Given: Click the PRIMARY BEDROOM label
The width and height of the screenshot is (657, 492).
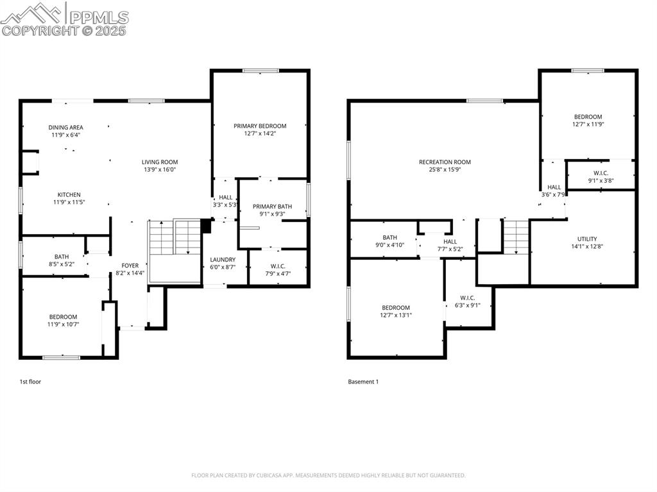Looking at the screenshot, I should coord(260,126).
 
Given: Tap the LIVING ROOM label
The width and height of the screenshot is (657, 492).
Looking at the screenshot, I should coord(160,162).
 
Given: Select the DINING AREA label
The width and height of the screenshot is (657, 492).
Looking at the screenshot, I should coord(65,127).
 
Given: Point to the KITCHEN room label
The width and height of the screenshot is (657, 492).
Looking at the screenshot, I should coord(69,194).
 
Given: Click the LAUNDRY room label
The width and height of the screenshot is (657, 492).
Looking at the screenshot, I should coord(223,259).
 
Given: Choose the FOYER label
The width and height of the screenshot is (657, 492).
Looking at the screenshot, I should coord(130,265).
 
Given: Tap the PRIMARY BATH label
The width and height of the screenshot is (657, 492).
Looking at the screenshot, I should coord(272,206).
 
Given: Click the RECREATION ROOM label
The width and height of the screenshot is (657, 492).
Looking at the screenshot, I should coord(445,162).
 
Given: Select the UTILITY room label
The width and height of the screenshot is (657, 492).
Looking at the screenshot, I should coord(587,239).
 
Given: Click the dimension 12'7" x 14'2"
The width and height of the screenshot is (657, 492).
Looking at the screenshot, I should coord(260,134).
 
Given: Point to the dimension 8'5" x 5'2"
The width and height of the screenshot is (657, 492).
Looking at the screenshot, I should coord(62,264).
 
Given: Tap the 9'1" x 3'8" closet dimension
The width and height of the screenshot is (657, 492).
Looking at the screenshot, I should coord(601,181).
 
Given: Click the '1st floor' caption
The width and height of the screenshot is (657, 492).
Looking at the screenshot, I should coord(30,382).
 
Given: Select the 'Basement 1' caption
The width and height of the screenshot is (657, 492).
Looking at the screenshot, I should coord(363,382).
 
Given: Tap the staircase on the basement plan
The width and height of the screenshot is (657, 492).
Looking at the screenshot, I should coord(516,236).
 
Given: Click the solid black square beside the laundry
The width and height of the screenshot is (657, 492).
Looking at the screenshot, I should coord(206,226).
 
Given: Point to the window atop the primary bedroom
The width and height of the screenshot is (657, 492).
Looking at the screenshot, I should coord(260,71).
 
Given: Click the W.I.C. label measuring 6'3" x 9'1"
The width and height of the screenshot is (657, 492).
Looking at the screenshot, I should coord(466,297).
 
